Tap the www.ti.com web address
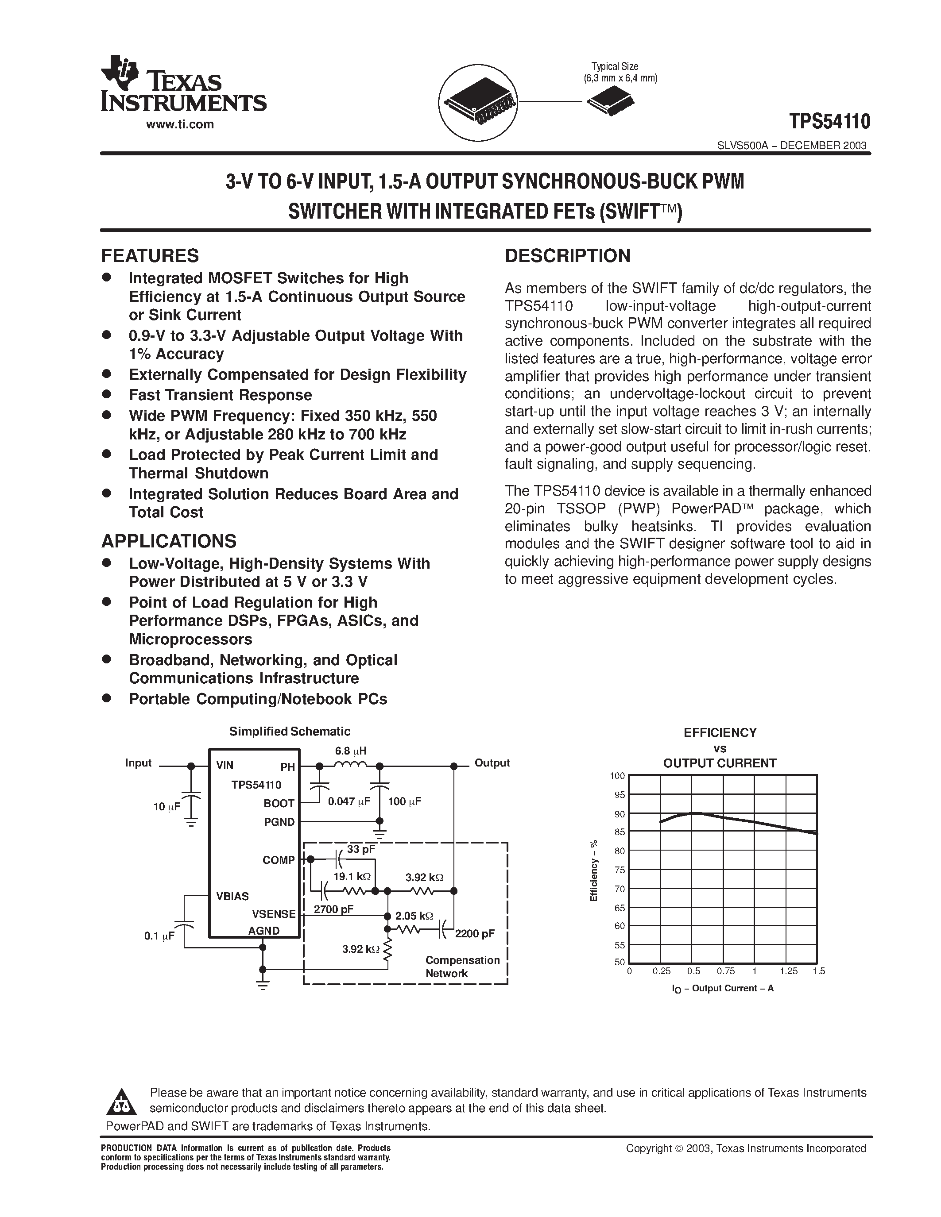click(179, 125)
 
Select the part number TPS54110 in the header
click(829, 121)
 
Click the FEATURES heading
click(149, 256)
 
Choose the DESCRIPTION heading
click(568, 256)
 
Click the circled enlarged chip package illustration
click(478, 101)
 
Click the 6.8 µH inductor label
click(351, 751)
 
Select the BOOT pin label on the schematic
click(279, 803)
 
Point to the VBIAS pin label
click(232, 896)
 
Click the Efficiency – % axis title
click(594, 870)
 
